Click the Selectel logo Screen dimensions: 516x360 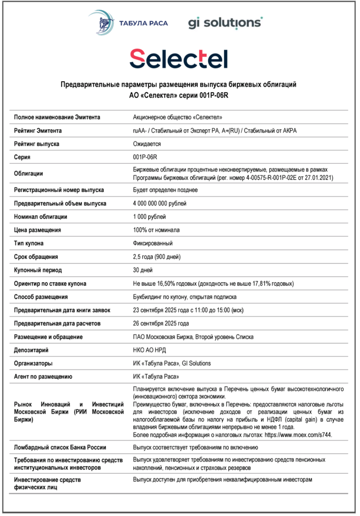pyautogui.click(x=178, y=59)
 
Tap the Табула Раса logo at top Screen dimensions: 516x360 pyautogui.click(x=128, y=23)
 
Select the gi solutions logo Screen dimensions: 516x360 pyautogui.click(x=225, y=23)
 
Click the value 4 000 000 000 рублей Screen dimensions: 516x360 pyautogui.click(x=159, y=204)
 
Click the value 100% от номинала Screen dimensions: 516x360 pyautogui.click(x=156, y=230)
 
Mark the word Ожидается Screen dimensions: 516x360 pyautogui.click(x=147, y=144)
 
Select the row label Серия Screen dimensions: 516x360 pyautogui.click(x=23, y=157)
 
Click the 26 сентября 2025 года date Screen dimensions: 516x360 pyautogui.click(x=161, y=323)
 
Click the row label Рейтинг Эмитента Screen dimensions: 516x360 pyautogui.click(x=38, y=131)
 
